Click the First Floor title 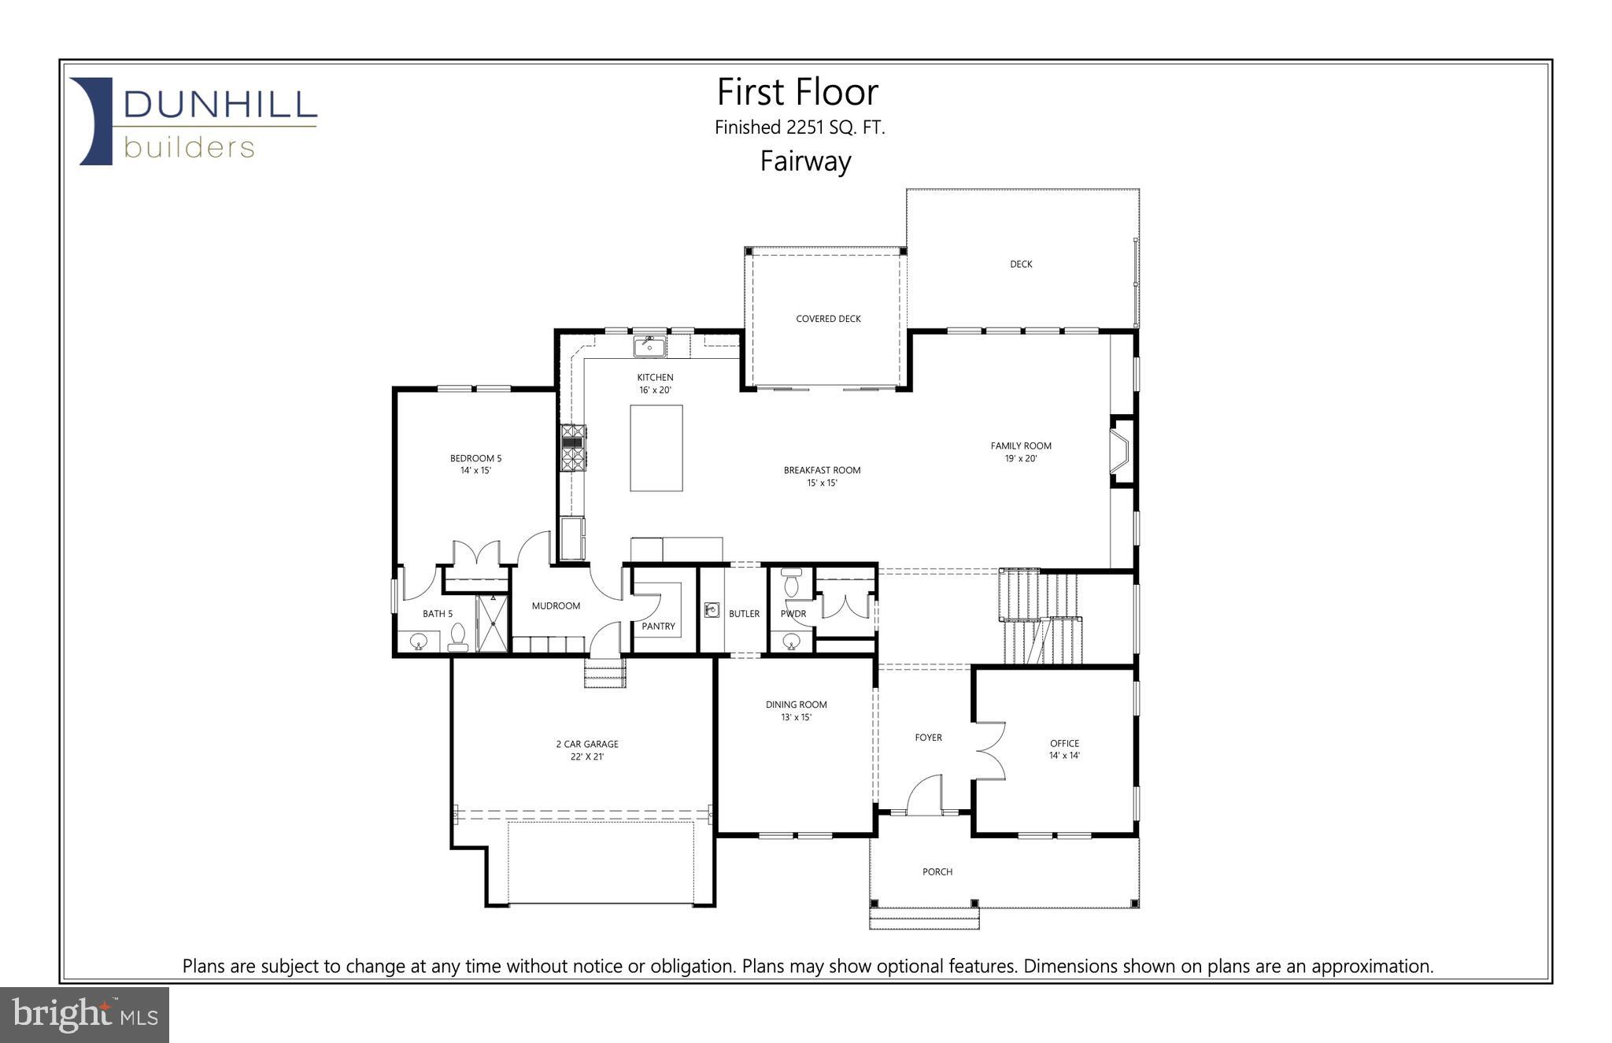click(797, 92)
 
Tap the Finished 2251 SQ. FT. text click(799, 128)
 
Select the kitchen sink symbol click(649, 346)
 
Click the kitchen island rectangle click(656, 448)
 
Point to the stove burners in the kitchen click(572, 447)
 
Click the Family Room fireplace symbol click(1120, 451)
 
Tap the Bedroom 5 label click(475, 464)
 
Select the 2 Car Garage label click(587, 749)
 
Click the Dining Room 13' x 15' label click(796, 711)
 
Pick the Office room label click(1064, 749)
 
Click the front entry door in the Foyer click(926, 796)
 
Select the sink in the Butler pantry click(712, 609)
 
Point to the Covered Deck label click(828, 319)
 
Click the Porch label click(937, 871)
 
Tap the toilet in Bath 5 click(457, 638)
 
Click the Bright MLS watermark click(84, 1015)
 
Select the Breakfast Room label click(822, 476)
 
